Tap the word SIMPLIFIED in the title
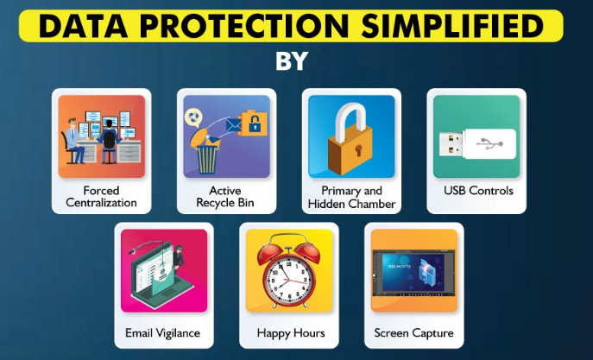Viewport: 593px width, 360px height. click(452, 26)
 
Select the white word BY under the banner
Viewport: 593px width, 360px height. click(292, 61)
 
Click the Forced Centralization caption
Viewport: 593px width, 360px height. click(101, 196)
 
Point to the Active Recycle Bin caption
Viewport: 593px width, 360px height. click(225, 196)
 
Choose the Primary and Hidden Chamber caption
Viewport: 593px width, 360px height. click(351, 197)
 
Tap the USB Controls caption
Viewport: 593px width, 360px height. click(478, 191)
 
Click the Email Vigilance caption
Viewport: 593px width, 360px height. click(162, 333)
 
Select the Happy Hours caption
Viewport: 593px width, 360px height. click(291, 333)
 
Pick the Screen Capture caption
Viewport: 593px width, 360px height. click(413, 333)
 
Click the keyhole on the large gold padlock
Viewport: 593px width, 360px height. click(358, 149)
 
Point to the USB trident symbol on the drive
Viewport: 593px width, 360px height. click(489, 143)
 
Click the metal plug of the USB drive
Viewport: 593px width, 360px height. click(451, 144)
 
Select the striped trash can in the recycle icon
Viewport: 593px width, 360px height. click(207, 160)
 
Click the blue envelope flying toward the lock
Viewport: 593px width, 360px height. click(233, 125)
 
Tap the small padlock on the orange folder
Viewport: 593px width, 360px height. click(255, 125)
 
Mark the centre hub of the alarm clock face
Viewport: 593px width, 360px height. click(289, 281)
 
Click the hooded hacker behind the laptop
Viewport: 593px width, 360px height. click(178, 257)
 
